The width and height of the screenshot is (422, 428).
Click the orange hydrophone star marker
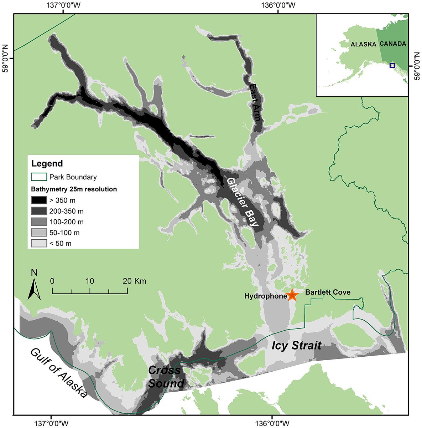point(292,295)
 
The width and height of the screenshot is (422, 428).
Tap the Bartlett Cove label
point(328,292)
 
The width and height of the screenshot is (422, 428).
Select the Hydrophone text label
point(266,296)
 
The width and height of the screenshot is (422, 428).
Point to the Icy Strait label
point(296,345)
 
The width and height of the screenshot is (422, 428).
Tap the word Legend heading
point(47,164)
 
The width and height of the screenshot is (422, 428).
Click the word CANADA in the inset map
point(393,44)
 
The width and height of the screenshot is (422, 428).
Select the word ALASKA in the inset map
point(363,45)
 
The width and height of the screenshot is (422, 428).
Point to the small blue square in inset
point(392,66)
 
